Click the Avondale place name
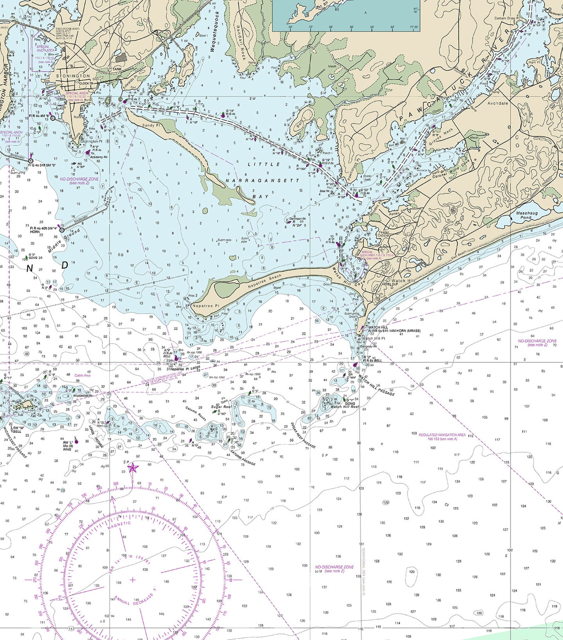point(497,103)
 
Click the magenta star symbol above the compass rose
point(133,468)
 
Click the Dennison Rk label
point(298,219)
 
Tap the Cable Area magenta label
point(82,375)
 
